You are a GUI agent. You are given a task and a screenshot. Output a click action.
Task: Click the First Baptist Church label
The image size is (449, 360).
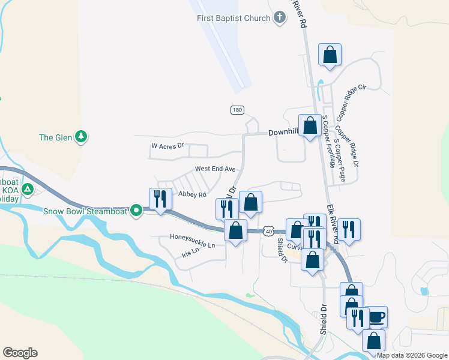[x=234, y=18]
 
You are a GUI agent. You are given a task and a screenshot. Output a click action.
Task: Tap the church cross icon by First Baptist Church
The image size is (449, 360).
[x=280, y=18]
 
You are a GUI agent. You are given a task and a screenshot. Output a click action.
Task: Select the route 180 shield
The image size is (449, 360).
[x=238, y=110]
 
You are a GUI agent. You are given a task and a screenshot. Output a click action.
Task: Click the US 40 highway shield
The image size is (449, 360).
[x=268, y=231]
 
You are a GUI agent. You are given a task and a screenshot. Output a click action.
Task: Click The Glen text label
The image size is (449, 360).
[x=55, y=137]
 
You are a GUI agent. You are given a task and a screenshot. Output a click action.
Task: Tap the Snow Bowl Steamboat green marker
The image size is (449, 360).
[x=137, y=211]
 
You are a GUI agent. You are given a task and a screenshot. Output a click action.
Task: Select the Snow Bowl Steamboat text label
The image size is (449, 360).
[x=86, y=211]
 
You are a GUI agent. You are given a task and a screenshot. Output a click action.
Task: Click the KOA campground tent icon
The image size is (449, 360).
[x=27, y=190]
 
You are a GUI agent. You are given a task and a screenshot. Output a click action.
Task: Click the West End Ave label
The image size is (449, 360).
[x=214, y=169]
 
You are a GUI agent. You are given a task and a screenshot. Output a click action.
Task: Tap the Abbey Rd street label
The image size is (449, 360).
[x=192, y=194]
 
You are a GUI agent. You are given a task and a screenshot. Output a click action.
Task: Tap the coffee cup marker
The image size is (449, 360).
[x=376, y=317]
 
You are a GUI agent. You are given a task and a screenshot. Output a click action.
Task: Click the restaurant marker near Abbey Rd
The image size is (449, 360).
[x=160, y=199]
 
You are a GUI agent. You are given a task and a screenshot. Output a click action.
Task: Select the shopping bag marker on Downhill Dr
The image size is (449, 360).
[x=310, y=126]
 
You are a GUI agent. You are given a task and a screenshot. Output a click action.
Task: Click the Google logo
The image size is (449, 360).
[x=20, y=353]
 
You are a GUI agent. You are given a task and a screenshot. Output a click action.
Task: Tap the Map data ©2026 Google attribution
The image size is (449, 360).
[x=411, y=355]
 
